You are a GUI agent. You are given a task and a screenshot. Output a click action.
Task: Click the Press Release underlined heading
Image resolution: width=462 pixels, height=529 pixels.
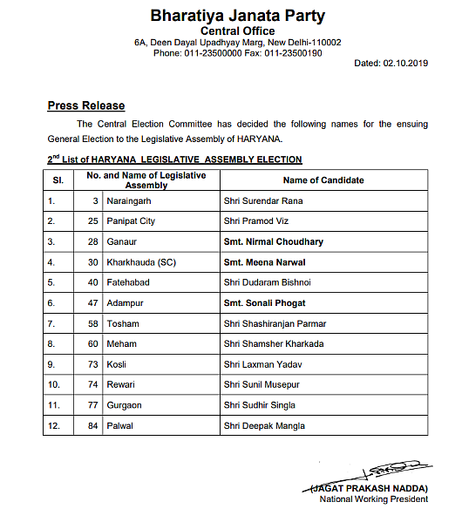86,105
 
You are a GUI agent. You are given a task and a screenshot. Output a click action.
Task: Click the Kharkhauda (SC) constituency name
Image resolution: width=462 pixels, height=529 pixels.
138,262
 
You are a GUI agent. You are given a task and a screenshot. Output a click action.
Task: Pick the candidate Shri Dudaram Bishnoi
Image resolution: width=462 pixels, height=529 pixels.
267,282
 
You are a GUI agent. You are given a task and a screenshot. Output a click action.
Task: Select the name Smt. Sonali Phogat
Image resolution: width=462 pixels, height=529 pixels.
265,303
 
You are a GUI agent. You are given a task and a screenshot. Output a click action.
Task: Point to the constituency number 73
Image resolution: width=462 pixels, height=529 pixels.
92,364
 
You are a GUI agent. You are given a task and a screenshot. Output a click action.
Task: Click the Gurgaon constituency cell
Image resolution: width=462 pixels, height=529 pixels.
125,405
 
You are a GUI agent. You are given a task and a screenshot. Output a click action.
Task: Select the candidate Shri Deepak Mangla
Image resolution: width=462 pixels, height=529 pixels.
265,425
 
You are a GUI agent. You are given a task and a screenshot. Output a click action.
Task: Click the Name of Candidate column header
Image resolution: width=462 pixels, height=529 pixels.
323,180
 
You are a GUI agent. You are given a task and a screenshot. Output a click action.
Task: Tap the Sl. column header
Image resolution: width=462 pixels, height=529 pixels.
58,180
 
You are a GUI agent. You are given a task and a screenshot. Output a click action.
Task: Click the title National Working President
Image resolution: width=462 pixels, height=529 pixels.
374,499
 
